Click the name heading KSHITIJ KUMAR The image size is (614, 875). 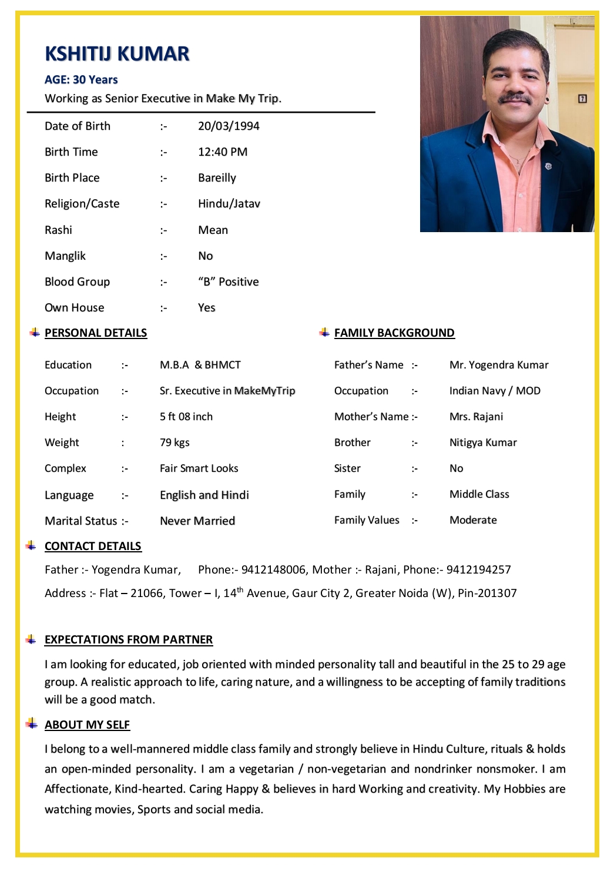tap(117, 54)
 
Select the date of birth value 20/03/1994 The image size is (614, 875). tap(229, 126)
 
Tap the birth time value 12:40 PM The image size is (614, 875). tap(223, 152)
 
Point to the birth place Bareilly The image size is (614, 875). tap(217, 178)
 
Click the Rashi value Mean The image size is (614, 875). tap(213, 230)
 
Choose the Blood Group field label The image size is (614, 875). tap(77, 282)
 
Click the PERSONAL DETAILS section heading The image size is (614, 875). tap(96, 333)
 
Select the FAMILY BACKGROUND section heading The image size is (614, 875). tap(394, 333)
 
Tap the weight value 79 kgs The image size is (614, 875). tap(175, 442)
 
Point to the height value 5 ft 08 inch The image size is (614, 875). tap(186, 417)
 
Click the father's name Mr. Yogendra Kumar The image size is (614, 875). tap(499, 365)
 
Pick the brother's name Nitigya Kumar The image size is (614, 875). tap(483, 442)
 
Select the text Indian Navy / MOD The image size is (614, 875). tap(495, 391)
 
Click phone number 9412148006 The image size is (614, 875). tap(273, 569)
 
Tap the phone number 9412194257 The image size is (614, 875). tap(478, 569)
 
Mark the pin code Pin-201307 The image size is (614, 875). tap(487, 593)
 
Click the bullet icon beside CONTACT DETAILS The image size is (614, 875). tap(31, 546)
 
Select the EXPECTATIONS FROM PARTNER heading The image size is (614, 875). tap(129, 639)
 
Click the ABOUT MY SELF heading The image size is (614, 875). tap(87, 725)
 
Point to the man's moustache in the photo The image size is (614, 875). tap(515, 99)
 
